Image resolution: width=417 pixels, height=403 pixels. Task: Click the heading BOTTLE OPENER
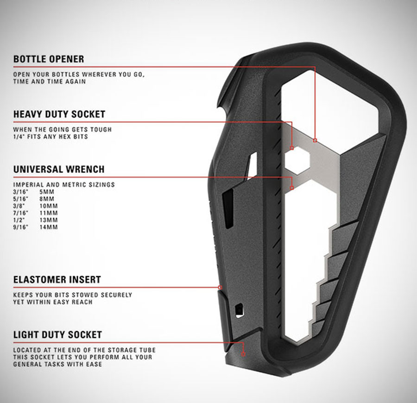tap(49, 59)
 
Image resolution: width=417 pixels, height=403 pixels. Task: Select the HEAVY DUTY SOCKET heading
tap(59, 114)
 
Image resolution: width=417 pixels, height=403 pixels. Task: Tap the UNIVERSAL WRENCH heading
tap(59, 169)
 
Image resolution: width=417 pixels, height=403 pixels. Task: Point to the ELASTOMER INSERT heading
tap(57, 280)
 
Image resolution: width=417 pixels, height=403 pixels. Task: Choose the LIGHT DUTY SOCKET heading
tap(57, 334)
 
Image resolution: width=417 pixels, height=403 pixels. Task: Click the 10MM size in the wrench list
tap(49, 206)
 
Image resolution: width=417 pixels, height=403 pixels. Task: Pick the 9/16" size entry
tap(20, 227)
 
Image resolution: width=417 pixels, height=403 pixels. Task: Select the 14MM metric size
tap(49, 227)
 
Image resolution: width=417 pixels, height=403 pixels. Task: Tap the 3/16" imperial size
tap(20, 191)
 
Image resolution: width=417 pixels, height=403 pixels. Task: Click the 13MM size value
tap(49, 220)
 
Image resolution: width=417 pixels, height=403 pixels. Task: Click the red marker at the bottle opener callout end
tap(315, 140)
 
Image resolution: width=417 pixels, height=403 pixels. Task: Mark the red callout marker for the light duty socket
tap(243, 353)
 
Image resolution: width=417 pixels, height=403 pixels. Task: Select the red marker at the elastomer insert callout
tap(220, 287)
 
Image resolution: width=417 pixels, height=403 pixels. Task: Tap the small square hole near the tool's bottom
tap(239, 308)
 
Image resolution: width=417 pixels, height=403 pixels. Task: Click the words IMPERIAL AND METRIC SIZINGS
tap(64, 184)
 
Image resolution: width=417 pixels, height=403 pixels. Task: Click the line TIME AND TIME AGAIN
tap(50, 82)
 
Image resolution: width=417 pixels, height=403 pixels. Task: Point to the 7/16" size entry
tap(20, 213)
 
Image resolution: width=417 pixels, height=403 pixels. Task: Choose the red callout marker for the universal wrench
tap(292, 188)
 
